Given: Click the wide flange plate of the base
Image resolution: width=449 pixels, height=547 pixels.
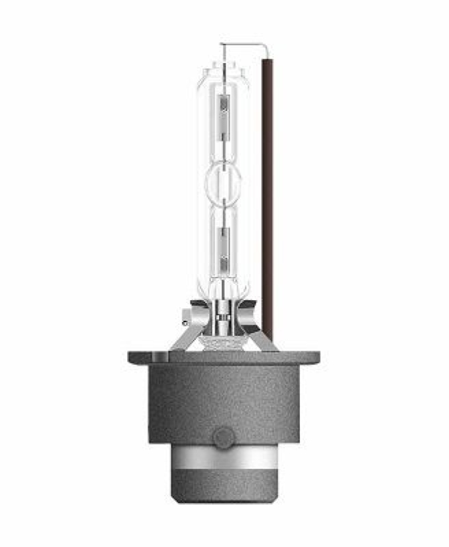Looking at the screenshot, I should (224, 358).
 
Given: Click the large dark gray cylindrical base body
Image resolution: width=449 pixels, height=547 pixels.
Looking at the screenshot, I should (224, 403).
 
